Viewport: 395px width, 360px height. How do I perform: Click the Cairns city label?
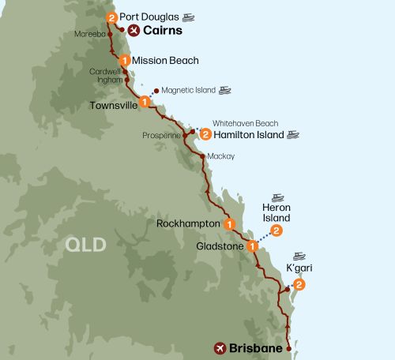(163, 31)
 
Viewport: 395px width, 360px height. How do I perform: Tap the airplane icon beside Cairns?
(134, 31)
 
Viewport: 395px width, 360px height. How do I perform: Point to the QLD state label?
(85, 244)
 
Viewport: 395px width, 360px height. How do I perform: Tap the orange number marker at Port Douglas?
(112, 17)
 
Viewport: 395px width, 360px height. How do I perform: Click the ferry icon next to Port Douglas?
(188, 17)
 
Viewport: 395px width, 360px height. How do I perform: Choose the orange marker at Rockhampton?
(229, 224)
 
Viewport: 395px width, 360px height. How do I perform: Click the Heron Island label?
(277, 212)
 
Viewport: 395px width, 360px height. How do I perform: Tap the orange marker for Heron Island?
(276, 231)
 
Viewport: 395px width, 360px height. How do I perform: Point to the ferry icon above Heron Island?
(277, 197)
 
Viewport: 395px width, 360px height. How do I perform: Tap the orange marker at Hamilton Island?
(206, 134)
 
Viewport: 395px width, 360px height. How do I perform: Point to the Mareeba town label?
(89, 35)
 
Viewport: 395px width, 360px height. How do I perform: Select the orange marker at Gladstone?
(252, 246)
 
